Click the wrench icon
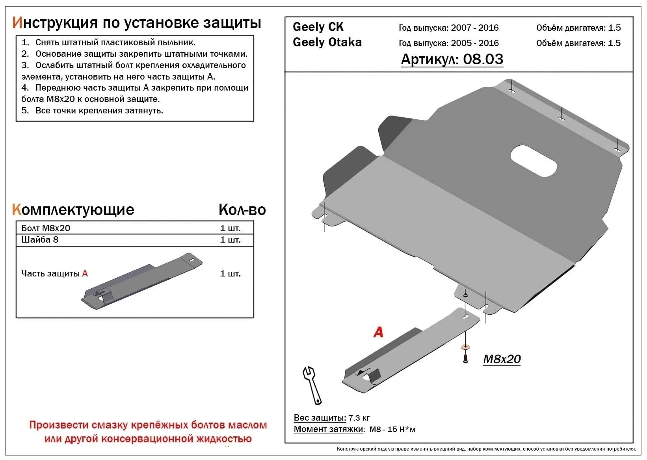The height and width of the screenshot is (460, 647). point(312,385)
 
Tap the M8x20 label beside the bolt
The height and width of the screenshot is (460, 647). point(502,359)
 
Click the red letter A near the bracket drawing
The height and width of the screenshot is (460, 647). point(378,332)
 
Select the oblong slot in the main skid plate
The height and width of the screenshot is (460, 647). point(534,161)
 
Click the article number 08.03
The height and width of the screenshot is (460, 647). point(483,59)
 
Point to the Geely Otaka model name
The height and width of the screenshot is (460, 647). point(327,42)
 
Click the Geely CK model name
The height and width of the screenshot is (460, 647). point(318,27)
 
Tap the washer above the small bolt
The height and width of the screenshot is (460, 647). point(465,347)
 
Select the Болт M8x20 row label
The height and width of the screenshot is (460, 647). point(46,228)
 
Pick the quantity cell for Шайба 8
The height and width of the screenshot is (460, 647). point(230,239)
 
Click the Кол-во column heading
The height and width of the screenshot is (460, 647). point(242,210)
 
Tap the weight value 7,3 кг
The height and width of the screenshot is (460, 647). point(359,418)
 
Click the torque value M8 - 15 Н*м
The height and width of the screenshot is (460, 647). point(392,429)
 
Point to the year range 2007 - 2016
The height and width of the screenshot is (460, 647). point(474,28)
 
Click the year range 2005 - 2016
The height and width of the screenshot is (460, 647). point(474,43)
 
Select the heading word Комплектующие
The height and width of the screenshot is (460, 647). point(73,210)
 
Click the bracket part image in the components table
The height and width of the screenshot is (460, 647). point(142,282)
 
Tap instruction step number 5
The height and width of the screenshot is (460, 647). point(25,111)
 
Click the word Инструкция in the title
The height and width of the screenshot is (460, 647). point(55,23)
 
